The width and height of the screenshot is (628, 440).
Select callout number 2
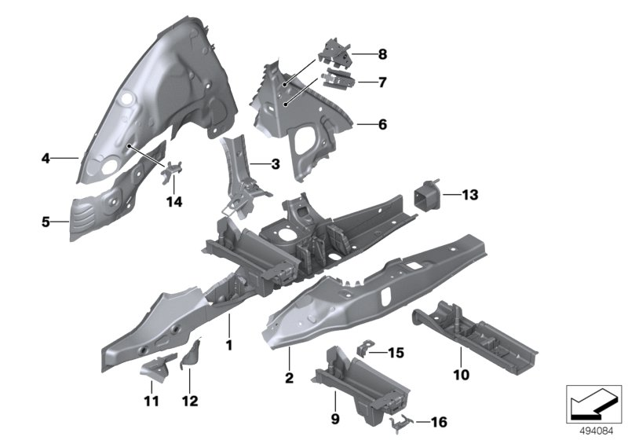pyautogui.click(x=289, y=379)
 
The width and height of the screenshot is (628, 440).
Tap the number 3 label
pyautogui.click(x=275, y=165)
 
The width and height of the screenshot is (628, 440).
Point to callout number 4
pyautogui.click(x=46, y=159)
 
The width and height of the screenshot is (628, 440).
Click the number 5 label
pyautogui.click(x=46, y=222)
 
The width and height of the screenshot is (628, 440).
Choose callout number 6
pyautogui.click(x=382, y=124)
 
